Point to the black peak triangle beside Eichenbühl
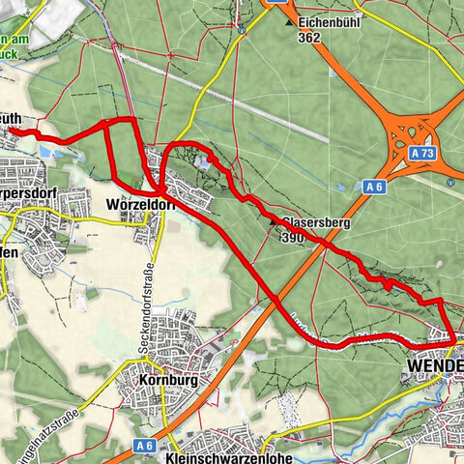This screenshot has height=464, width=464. [289, 21]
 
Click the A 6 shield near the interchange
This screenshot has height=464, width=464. [374, 186]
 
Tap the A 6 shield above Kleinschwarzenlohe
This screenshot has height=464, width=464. [145, 418]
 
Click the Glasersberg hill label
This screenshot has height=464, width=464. [315, 222]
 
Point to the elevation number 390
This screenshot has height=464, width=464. [292, 238]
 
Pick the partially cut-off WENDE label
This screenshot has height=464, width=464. [436, 367]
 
